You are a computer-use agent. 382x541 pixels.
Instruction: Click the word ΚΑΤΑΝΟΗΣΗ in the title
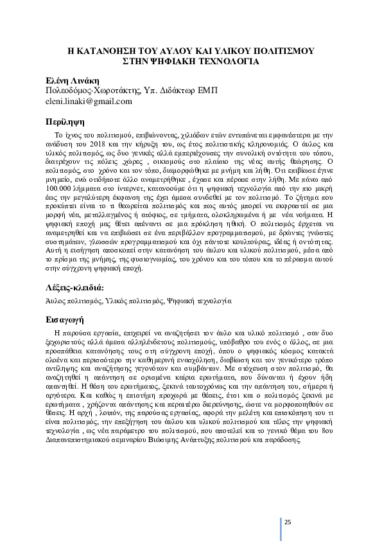click(110, 51)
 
